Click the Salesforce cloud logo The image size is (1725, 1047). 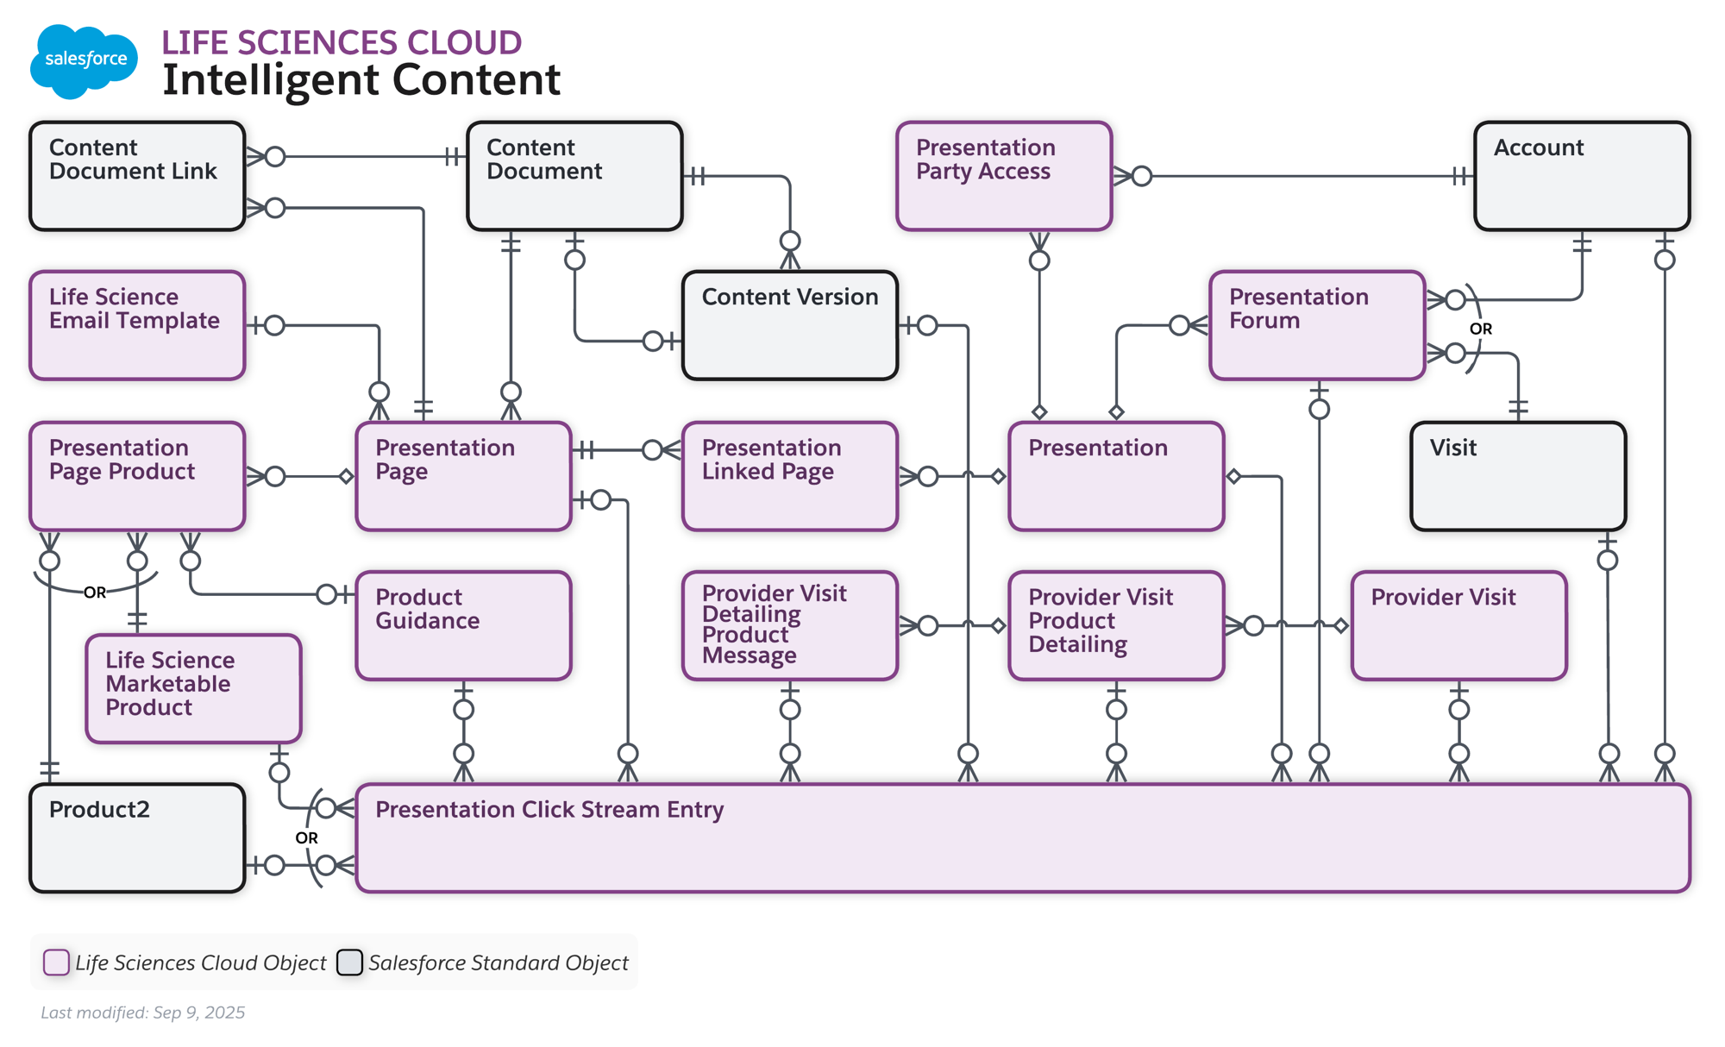tap(84, 60)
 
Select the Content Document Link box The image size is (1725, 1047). tap(137, 176)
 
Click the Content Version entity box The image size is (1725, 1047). tap(789, 325)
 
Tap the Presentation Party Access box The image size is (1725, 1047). tap(1004, 176)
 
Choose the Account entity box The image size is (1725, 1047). tap(1581, 176)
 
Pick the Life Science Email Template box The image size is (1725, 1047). tap(137, 325)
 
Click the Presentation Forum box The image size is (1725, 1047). tap(1316, 325)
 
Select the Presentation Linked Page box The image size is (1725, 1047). tap(789, 475)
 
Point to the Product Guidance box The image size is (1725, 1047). tap(463, 625)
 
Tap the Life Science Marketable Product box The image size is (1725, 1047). tap(193, 688)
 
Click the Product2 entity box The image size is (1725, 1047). tap(137, 837)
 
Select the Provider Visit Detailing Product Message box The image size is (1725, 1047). tap(789, 625)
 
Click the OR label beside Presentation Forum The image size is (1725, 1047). tap(1480, 329)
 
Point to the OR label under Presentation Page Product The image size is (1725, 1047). tap(95, 592)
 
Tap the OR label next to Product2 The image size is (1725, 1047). tap(306, 837)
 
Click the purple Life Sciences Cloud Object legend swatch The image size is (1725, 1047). tap(56, 962)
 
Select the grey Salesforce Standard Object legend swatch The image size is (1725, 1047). tap(349, 962)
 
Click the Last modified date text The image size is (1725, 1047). tap(143, 1013)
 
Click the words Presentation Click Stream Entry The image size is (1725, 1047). tap(549, 810)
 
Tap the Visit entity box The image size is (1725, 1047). tap(1517, 475)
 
